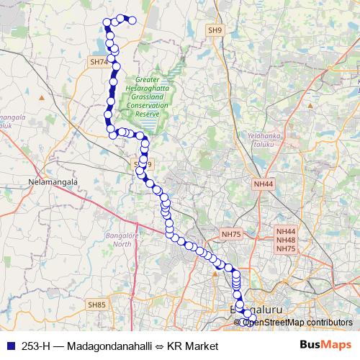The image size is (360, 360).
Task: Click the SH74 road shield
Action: (x=99, y=63)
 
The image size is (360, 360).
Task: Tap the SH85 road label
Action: (x=97, y=305)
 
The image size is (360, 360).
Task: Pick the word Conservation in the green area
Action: (x=147, y=106)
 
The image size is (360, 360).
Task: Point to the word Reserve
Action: (x=147, y=114)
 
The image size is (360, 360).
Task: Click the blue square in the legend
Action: (x=9, y=346)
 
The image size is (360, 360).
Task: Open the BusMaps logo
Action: (x=325, y=346)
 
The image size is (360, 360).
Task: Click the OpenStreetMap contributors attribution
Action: (x=297, y=322)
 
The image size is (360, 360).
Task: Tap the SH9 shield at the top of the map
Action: (x=215, y=30)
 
